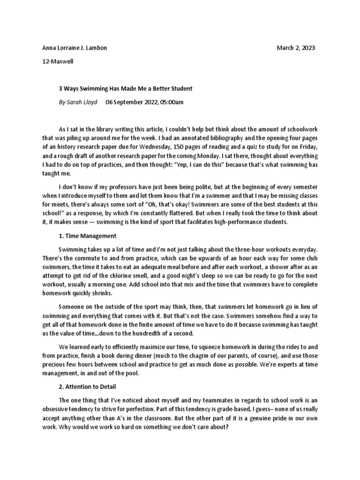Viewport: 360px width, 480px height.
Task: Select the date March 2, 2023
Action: [x=296, y=48]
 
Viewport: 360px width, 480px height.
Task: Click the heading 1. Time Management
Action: [x=88, y=236]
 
